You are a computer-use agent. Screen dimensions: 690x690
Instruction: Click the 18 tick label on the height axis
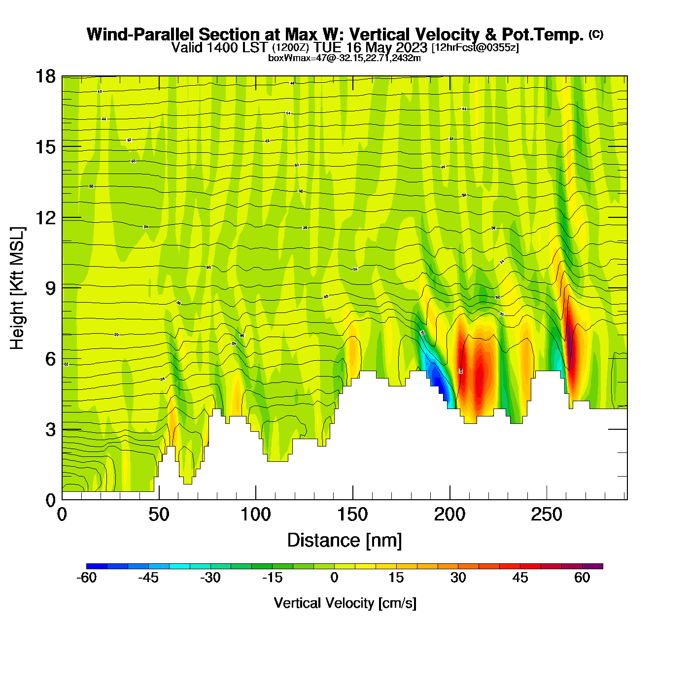click(x=45, y=76)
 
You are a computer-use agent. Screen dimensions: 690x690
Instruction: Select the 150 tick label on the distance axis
click(x=352, y=515)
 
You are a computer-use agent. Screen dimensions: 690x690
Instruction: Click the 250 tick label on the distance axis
click(x=546, y=515)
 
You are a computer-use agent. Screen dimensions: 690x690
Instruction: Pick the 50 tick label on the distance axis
click(x=159, y=515)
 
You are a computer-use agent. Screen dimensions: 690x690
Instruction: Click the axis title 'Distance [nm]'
click(x=345, y=541)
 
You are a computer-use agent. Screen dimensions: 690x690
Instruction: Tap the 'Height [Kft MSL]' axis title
click(x=17, y=288)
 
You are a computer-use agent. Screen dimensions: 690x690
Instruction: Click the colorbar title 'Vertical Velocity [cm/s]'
click(x=345, y=603)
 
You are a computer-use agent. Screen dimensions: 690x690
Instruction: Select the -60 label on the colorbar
click(x=87, y=578)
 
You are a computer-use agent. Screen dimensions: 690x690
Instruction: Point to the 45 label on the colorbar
click(x=520, y=578)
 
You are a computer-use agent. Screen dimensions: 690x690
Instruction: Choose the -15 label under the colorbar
click(x=272, y=578)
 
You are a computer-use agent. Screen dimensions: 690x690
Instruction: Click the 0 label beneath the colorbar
click(x=334, y=578)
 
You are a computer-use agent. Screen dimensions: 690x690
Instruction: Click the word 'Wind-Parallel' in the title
click(x=141, y=34)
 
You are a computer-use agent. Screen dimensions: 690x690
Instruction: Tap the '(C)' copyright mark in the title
click(x=596, y=34)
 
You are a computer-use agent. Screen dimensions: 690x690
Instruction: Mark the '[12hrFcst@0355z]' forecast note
click(x=475, y=48)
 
